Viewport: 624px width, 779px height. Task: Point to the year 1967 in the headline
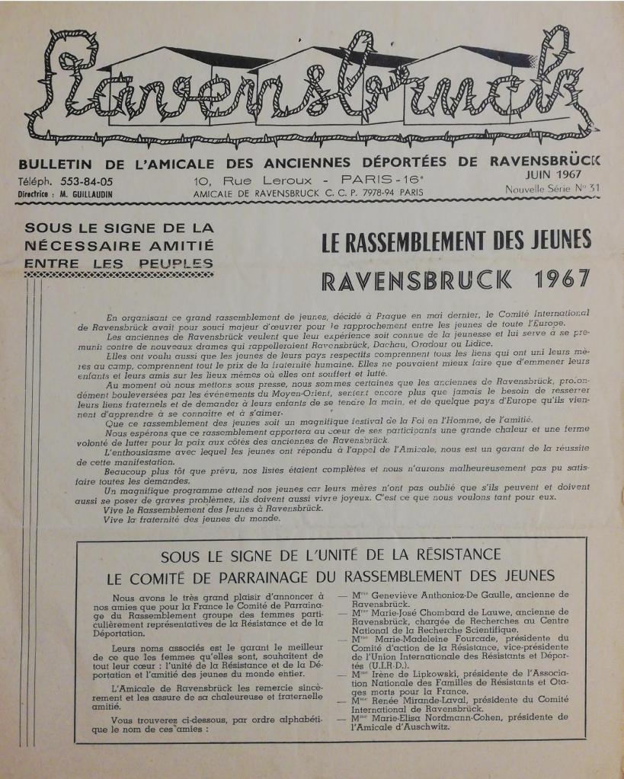pos(562,279)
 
